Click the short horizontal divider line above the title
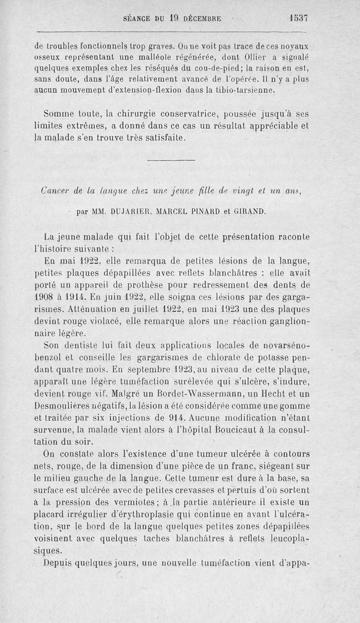click(171, 159)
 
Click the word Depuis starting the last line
click(60, 562)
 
